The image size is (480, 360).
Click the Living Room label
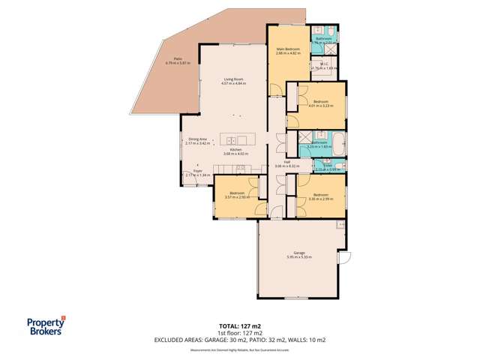[233, 79]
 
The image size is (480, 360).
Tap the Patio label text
[177, 58]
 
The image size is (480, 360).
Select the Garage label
[298, 253]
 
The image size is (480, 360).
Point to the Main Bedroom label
[288, 49]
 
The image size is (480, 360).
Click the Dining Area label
[197, 138]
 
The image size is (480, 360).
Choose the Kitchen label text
[235, 149]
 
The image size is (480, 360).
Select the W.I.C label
[324, 64]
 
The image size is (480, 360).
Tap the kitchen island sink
[231, 140]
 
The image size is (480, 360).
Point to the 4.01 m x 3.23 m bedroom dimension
[320, 106]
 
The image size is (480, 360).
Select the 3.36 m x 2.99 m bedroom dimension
[320, 197]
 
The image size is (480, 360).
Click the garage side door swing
[345, 259]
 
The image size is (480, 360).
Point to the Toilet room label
[327, 166]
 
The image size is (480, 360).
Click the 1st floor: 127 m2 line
[240, 325]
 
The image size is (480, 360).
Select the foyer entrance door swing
[187, 179]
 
